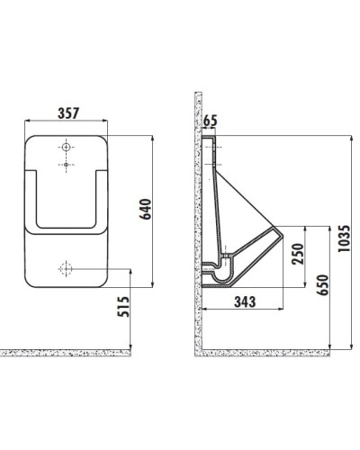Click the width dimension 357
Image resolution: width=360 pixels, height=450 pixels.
coord(67,113)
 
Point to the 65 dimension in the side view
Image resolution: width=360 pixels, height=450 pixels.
coord(211,118)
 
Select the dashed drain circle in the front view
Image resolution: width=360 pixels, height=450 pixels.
coord(66,268)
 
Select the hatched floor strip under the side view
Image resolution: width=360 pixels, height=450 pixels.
coord(270,354)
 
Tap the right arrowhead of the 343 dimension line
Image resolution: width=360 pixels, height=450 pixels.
coord(285,308)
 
